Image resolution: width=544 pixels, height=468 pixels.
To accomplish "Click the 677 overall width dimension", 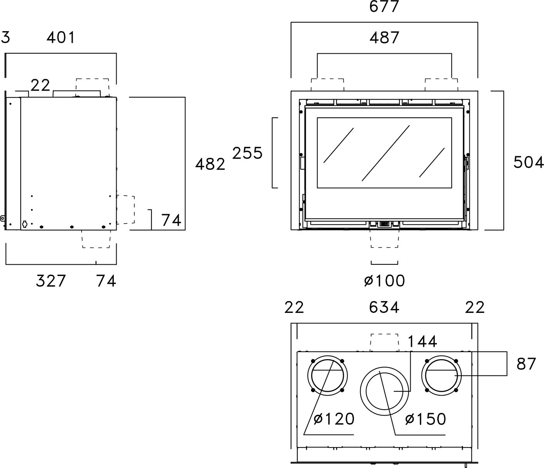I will [x=384, y=7].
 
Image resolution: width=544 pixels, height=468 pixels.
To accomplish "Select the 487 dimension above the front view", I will [x=384, y=38].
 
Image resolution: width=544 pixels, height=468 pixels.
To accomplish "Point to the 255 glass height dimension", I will [x=248, y=153].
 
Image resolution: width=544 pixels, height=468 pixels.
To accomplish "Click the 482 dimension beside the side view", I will [x=210, y=164].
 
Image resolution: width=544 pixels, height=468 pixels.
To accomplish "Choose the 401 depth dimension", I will [x=61, y=38].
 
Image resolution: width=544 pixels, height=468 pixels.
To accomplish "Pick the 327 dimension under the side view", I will [x=51, y=281].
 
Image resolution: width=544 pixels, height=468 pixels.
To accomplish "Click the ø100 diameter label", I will [x=384, y=281].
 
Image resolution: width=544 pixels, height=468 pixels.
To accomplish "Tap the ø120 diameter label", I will [x=334, y=419].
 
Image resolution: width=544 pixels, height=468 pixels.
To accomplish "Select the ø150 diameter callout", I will [x=425, y=419].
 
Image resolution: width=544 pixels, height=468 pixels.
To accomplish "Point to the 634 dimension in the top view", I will [x=384, y=307].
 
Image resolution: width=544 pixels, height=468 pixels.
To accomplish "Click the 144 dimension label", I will [x=422, y=342].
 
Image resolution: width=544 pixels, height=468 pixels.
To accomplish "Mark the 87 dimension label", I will [x=526, y=364].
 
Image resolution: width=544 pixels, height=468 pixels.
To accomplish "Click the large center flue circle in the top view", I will [x=385, y=390].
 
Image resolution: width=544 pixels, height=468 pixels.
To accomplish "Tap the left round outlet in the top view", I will [x=328, y=376].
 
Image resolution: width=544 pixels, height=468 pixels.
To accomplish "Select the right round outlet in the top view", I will [x=442, y=376].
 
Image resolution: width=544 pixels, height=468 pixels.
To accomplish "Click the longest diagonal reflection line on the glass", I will [x=386, y=153].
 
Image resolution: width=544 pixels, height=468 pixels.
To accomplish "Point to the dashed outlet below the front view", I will [x=385, y=238].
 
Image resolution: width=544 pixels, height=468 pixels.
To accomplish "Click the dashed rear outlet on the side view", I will [x=126, y=210].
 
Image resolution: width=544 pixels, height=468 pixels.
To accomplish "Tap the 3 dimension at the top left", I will [x=5, y=38].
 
